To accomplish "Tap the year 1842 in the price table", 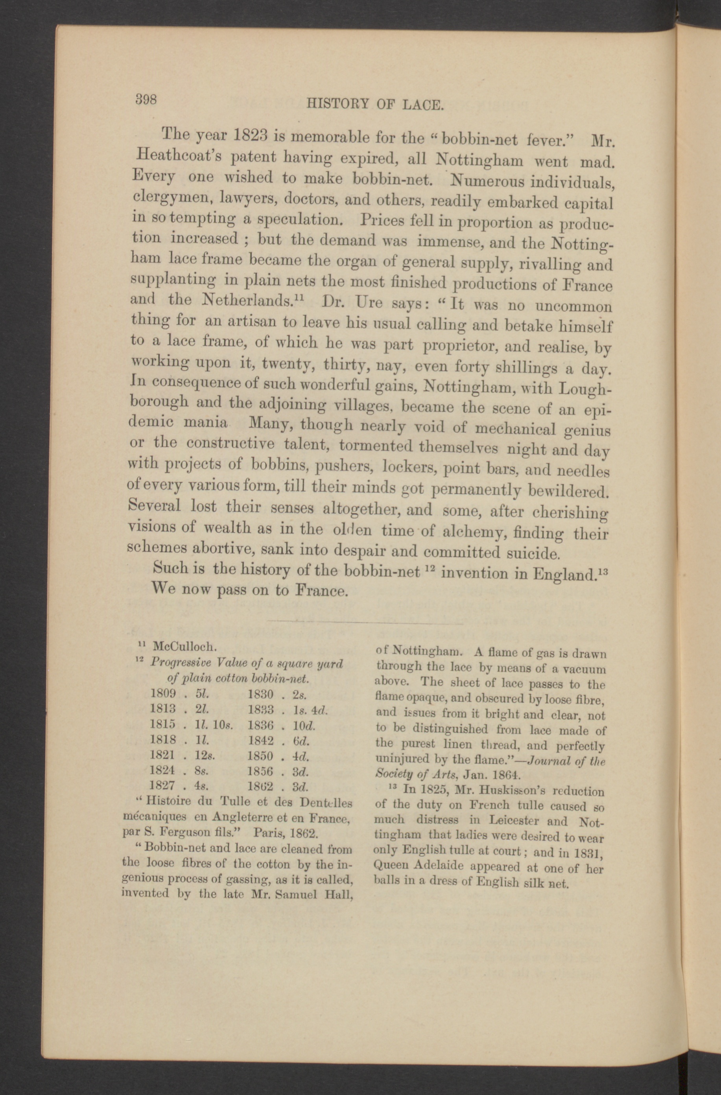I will coord(261,740).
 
